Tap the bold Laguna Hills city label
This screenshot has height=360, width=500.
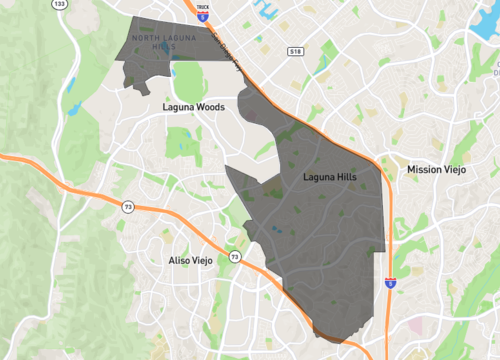(x=329, y=177)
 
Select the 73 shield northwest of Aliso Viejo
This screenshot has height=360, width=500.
(x=127, y=206)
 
